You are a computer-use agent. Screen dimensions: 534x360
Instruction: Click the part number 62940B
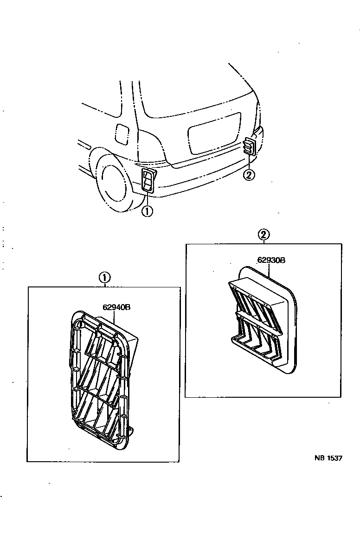[116, 306]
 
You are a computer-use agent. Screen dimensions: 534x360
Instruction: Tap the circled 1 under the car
[147, 211]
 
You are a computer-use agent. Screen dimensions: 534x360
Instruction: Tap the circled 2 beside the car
[249, 175]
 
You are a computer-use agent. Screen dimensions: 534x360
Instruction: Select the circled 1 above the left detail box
[104, 278]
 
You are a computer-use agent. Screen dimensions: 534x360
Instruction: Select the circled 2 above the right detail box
[264, 235]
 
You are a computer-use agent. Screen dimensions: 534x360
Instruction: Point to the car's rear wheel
[112, 181]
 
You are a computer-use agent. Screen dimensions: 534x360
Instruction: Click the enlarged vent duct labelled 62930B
[262, 320]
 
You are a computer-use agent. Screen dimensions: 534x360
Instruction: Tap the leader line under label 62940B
[115, 317]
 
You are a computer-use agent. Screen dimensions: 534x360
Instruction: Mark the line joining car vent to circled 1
[147, 198]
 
